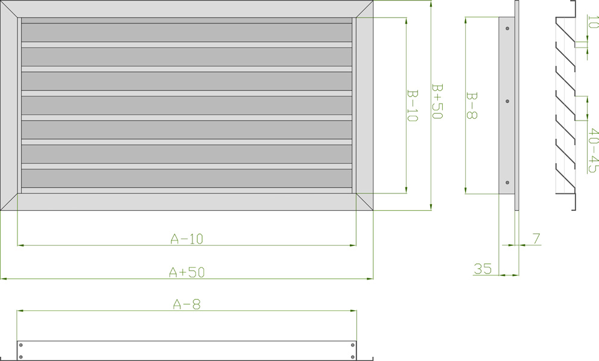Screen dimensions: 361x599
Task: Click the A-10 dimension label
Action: click(x=187, y=239)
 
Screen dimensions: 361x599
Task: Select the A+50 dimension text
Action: click(x=187, y=272)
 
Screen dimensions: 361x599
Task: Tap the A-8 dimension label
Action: click(x=187, y=304)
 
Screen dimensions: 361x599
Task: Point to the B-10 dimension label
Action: click(x=413, y=106)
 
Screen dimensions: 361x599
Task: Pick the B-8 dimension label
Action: click(x=472, y=105)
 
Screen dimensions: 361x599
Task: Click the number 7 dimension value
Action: click(x=536, y=239)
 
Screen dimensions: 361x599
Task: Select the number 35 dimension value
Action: click(x=483, y=269)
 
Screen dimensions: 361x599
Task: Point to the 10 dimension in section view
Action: click(x=593, y=22)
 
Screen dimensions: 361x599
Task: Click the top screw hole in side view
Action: click(x=507, y=28)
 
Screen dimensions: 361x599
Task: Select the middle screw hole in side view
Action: click(x=507, y=101)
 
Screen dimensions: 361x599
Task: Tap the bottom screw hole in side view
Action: click(x=507, y=183)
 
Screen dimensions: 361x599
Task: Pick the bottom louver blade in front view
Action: click(x=186, y=178)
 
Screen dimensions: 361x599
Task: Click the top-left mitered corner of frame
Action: click(x=10, y=9)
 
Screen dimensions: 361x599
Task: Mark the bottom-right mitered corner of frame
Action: click(x=364, y=202)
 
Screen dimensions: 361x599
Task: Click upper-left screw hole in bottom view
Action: click(x=22, y=345)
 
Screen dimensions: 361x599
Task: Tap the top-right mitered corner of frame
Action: click(x=364, y=9)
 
